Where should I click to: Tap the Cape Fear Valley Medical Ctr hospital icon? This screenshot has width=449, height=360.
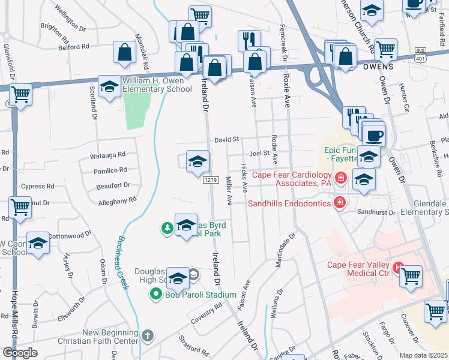coord(397,266)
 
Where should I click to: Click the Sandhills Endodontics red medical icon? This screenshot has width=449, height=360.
coord(340,203)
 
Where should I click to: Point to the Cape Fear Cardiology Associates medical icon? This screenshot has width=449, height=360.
coord(341,178)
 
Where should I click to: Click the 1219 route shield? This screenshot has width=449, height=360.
coord(210,180)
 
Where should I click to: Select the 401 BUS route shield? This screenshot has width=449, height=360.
coord(422,55)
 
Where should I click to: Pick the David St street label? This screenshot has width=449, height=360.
coord(228,139)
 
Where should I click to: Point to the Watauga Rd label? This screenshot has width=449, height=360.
coord(108,155)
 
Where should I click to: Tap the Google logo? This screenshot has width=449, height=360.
coord(19,353)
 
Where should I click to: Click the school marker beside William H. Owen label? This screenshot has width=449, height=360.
coord(109,88)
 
